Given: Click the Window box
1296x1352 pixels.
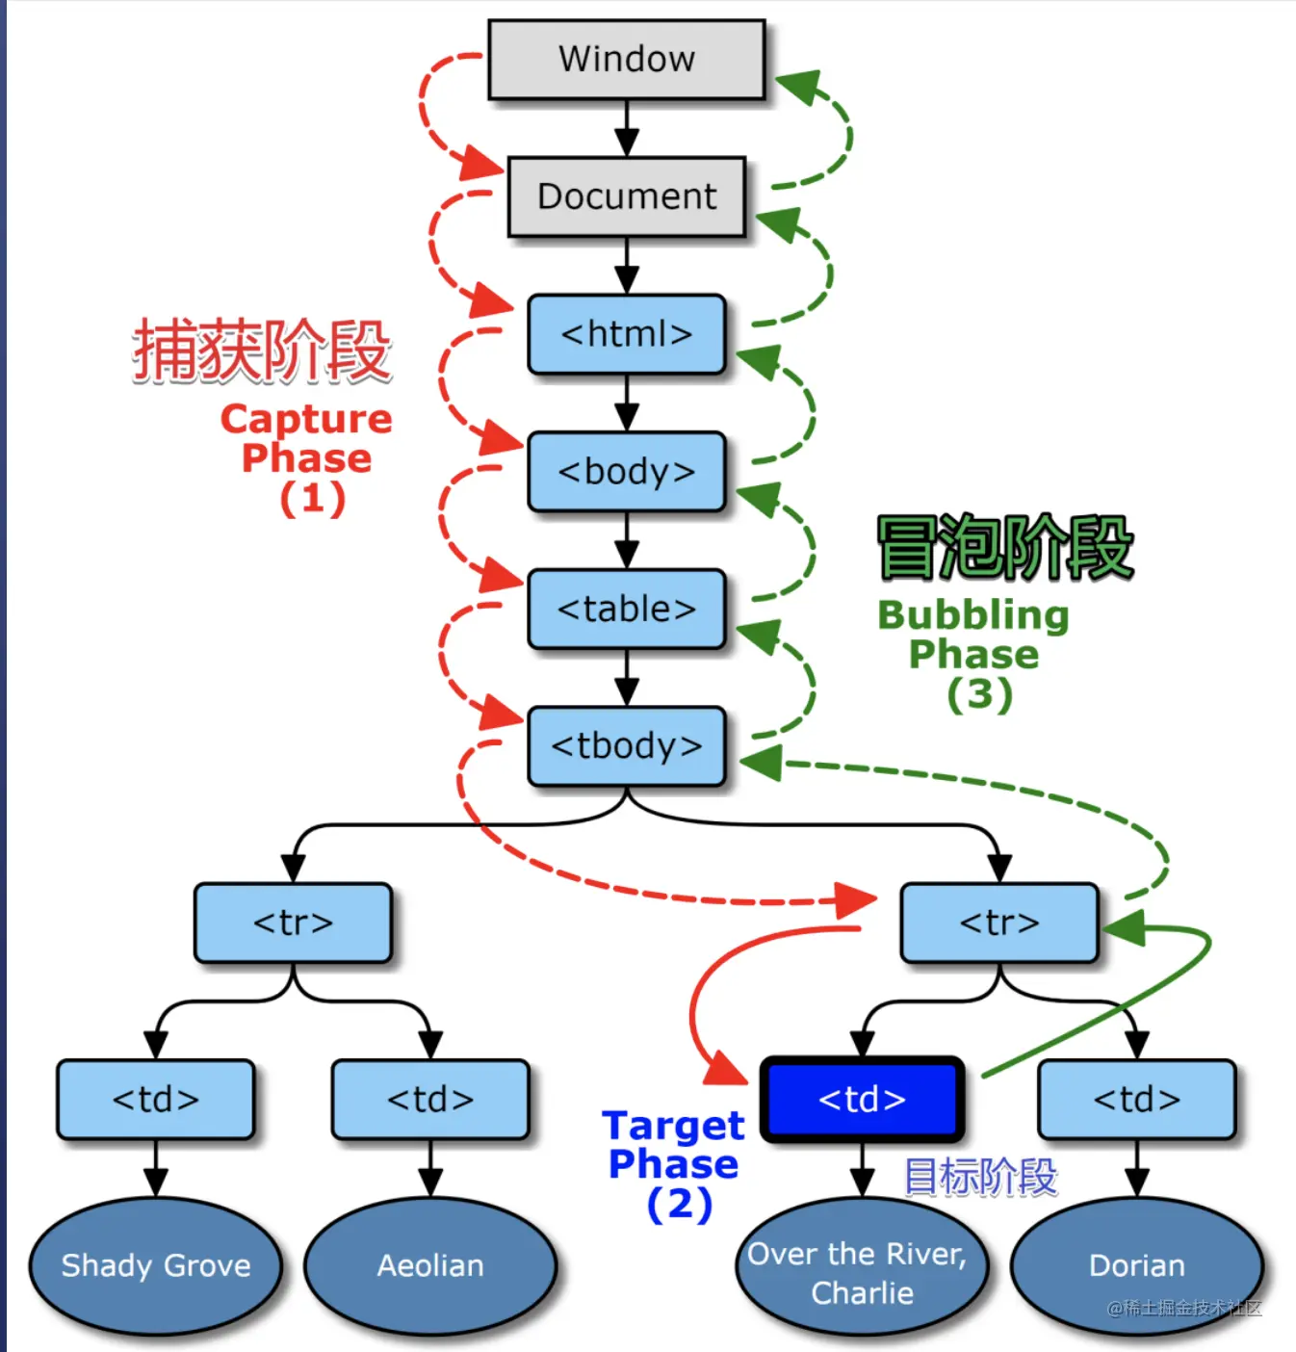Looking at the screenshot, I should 626,59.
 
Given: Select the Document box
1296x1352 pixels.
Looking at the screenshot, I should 626,196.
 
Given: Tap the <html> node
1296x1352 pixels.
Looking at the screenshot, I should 626,334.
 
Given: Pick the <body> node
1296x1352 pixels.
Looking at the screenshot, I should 626,472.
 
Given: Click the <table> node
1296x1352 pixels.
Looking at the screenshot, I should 626,610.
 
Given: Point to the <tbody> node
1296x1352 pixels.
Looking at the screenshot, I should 626,746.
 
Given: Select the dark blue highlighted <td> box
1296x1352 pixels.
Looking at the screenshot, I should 862,1099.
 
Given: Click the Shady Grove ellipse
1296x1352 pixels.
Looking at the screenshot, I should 155,1265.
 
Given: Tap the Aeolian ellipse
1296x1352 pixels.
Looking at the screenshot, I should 430,1265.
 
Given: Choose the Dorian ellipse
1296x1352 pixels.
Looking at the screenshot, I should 1136,1265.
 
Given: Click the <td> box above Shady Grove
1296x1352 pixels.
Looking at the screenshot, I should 155,1099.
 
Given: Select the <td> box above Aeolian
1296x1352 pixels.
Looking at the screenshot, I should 430,1099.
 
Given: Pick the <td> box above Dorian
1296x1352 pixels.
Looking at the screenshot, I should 1136,1099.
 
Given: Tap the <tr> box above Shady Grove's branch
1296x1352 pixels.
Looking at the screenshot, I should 293,923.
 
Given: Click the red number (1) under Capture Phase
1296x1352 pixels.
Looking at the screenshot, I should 312,499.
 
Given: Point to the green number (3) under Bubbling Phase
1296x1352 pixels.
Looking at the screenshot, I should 979,694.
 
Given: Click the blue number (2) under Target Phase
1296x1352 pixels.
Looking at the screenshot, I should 679,1204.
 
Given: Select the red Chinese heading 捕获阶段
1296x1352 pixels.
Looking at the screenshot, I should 262,351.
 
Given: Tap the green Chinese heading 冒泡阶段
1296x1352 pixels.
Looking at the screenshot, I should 1004,548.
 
